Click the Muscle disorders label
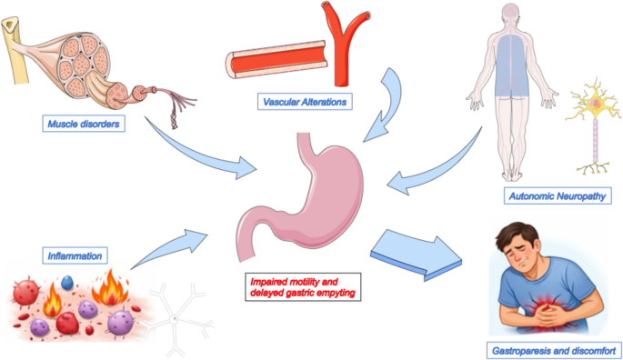[84, 124]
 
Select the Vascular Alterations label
[305, 102]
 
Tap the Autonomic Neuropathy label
[558, 195]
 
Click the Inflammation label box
[75, 255]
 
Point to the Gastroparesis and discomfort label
[554, 351]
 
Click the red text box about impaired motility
[303, 287]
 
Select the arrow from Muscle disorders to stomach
[198, 155]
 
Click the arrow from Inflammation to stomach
[171, 247]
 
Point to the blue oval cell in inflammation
[67, 282]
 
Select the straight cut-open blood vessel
[276, 60]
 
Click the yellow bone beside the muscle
[15, 50]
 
